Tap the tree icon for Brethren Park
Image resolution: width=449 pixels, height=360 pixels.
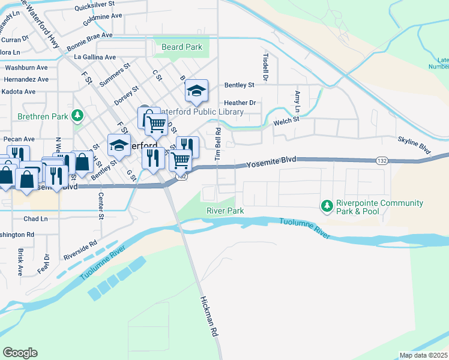point(77,115)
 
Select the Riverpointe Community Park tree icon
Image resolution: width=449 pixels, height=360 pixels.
point(327,206)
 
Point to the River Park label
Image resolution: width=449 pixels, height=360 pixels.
point(225,211)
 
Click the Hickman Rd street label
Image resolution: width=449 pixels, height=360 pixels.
point(209,318)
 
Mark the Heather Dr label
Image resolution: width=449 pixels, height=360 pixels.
point(240,103)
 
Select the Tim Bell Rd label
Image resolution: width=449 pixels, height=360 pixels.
point(219,143)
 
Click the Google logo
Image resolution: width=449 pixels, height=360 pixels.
point(20,352)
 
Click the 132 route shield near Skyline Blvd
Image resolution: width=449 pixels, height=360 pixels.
point(381,160)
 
